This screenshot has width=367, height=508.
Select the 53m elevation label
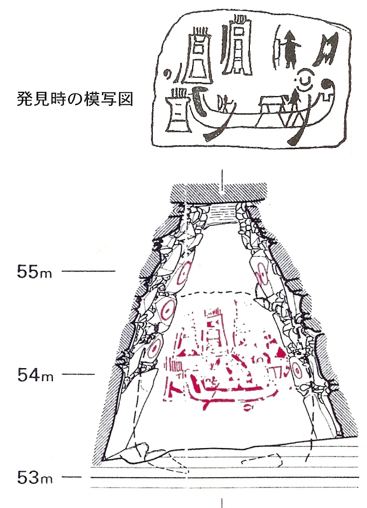click(33, 477)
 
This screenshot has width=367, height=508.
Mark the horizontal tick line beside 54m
click(78, 374)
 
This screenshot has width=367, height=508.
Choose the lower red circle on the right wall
click(296, 371)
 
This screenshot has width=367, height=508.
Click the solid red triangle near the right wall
click(280, 354)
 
